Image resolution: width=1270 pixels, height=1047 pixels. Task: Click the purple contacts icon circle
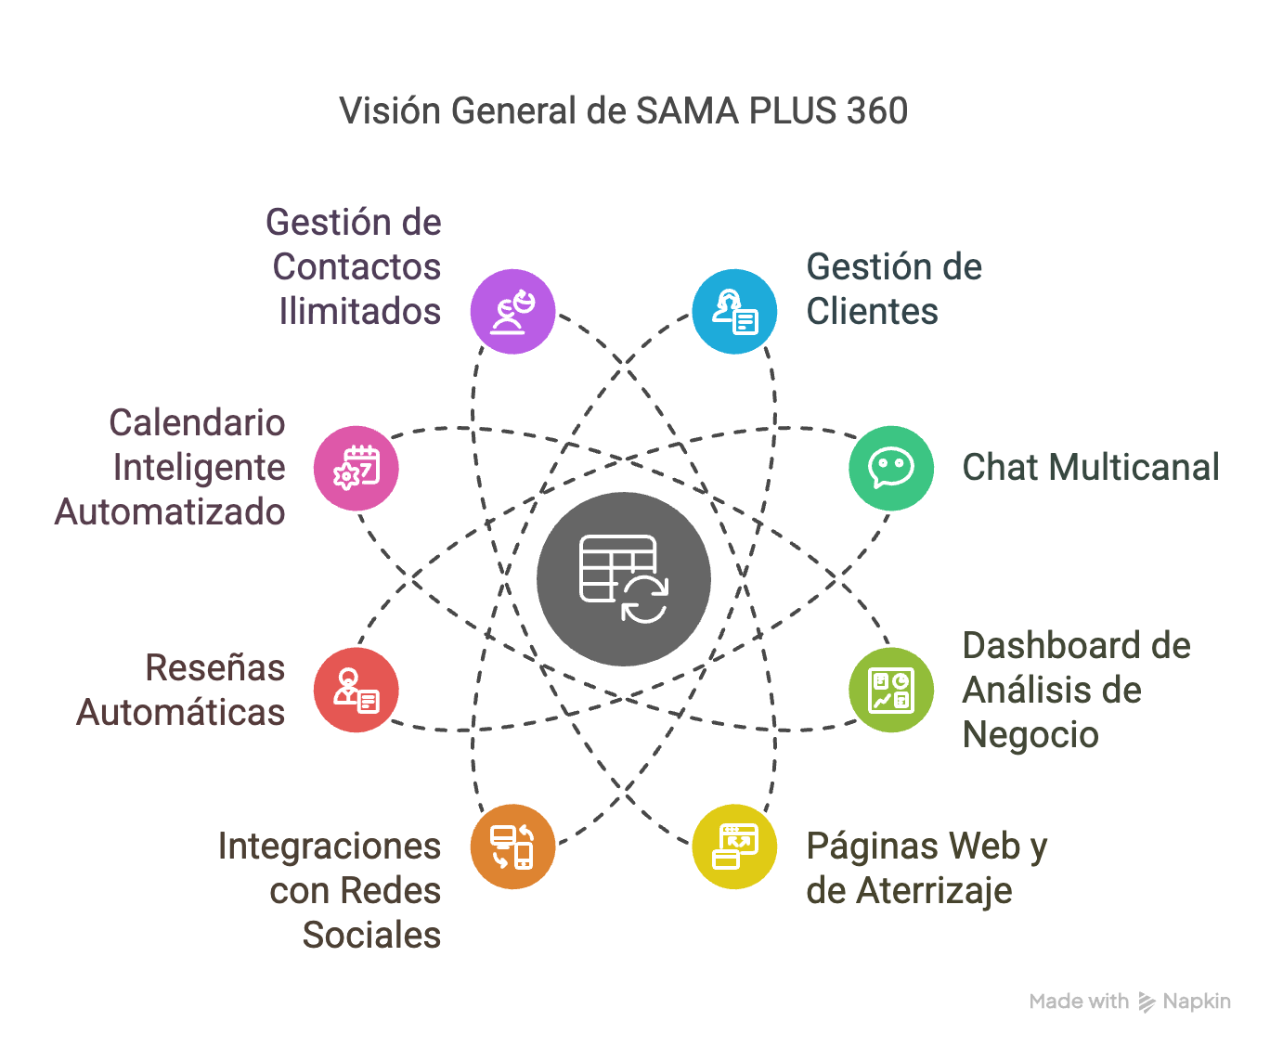pyautogui.click(x=512, y=311)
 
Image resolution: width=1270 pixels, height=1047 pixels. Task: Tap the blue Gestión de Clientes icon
pyautogui.click(x=734, y=311)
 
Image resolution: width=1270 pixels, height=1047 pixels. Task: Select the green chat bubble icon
pyautogui.click(x=891, y=468)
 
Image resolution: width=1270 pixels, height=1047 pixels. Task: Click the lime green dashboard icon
pyautogui.click(x=891, y=690)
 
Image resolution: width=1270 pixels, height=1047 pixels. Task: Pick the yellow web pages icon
pyautogui.click(x=734, y=847)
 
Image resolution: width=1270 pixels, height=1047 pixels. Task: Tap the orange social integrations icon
pyautogui.click(x=512, y=847)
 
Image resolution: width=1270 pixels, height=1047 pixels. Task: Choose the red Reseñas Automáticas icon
pyautogui.click(x=356, y=690)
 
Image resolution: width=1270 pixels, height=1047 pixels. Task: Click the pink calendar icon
pyautogui.click(x=356, y=468)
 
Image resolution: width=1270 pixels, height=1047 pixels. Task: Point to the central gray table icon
pyautogui.click(x=624, y=579)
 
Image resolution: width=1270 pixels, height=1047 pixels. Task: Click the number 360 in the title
pyautogui.click(x=876, y=111)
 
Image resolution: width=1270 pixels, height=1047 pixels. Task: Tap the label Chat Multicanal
pyautogui.click(x=1090, y=468)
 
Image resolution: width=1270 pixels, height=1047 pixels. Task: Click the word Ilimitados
pyautogui.click(x=359, y=311)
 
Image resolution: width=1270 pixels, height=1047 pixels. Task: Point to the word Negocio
pyautogui.click(x=1030, y=734)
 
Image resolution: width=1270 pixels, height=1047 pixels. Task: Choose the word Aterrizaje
pyautogui.click(x=934, y=891)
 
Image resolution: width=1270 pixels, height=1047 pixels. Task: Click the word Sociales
pyautogui.click(x=371, y=935)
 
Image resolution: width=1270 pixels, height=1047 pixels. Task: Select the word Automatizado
pyautogui.click(x=170, y=511)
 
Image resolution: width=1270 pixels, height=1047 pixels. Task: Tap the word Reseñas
pyautogui.click(x=214, y=668)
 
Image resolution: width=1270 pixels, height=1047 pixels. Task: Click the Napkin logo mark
pyautogui.click(x=1147, y=1002)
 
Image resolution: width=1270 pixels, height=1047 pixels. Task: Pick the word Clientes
pyautogui.click(x=872, y=311)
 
